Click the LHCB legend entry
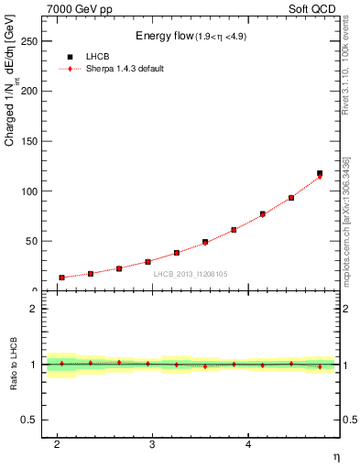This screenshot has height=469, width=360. tap(98, 56)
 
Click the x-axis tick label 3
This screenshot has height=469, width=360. tap(152, 444)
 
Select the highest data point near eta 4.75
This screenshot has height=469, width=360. tap(320, 173)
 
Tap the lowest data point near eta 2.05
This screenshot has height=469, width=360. tap(61, 278)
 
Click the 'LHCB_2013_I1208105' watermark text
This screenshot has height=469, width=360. tap(190, 274)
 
